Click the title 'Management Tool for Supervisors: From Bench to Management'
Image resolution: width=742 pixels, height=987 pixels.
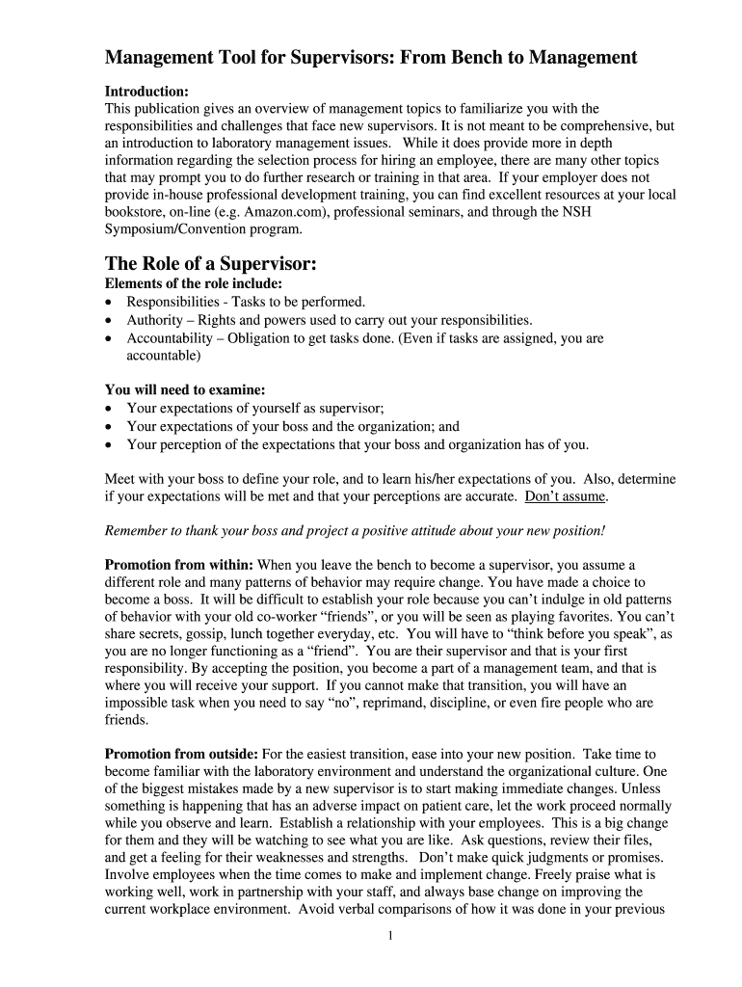click(x=371, y=58)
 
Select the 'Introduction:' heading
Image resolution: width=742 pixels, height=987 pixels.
click(x=146, y=91)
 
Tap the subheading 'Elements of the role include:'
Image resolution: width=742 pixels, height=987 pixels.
click(x=194, y=283)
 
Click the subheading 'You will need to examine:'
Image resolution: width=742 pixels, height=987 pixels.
click(x=184, y=390)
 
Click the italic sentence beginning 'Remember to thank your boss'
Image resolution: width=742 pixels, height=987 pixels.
click(x=355, y=531)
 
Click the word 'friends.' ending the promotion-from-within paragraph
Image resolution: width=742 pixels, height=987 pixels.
click(x=127, y=720)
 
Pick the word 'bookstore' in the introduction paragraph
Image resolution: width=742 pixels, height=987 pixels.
click(x=136, y=212)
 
